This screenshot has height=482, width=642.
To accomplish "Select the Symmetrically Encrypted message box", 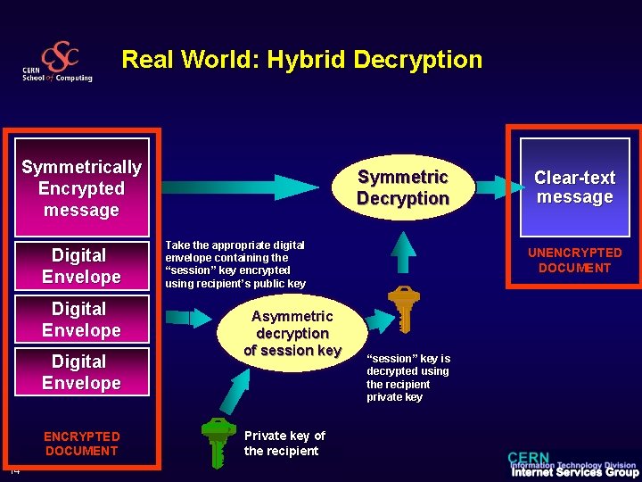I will [x=81, y=188].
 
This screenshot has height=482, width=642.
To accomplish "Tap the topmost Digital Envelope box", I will [x=80, y=266].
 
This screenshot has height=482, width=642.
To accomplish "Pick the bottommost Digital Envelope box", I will [x=80, y=372].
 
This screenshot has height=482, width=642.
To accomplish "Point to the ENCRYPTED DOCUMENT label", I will [x=81, y=444].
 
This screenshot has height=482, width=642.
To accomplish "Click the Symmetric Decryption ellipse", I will [x=402, y=187].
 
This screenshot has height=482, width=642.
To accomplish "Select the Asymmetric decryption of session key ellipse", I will [x=292, y=334].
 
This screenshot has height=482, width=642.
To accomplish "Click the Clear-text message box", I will [x=574, y=187].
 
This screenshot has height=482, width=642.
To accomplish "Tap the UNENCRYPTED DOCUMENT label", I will [x=574, y=261].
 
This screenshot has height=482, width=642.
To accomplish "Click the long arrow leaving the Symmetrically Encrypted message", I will [x=241, y=187].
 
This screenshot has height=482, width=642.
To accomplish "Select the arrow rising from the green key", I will [x=235, y=388].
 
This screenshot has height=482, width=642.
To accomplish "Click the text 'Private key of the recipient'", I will [x=284, y=443].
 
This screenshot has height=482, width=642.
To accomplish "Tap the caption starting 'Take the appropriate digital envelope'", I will [x=235, y=264].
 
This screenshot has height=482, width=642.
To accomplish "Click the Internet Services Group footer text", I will [x=574, y=472].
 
